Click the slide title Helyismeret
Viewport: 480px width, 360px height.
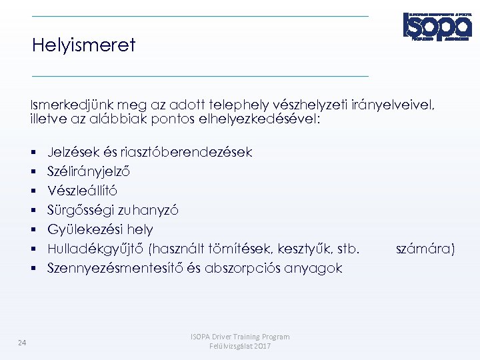point(83,45)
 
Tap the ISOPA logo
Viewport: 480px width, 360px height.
point(437,26)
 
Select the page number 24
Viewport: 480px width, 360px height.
point(22,343)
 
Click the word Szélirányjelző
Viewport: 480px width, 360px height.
point(89,171)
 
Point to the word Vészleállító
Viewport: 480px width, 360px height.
point(82,191)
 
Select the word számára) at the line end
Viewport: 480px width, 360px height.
point(425,249)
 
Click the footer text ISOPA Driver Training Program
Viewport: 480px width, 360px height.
point(240,337)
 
